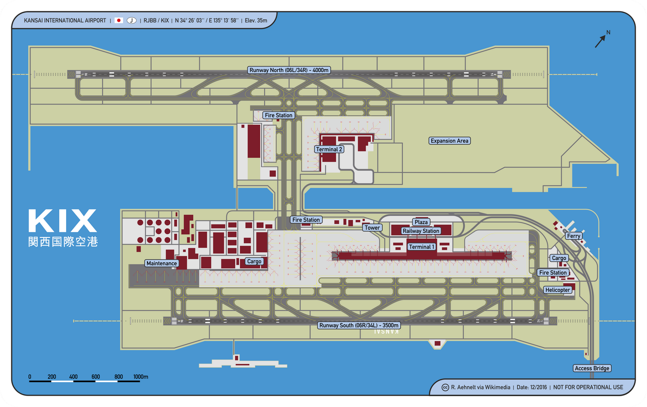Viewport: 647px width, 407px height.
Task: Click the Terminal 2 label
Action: tap(329, 149)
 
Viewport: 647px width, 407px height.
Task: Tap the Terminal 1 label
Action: tap(422, 247)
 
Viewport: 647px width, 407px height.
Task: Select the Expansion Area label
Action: tap(449, 141)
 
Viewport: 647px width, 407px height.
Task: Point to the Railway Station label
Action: tap(421, 231)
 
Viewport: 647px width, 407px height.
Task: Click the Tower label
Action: tap(372, 228)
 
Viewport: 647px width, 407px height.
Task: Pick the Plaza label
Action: tap(421, 222)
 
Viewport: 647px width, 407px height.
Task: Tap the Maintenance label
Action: tap(162, 263)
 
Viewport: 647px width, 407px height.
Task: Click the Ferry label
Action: tap(573, 236)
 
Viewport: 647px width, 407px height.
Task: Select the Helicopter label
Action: tap(557, 290)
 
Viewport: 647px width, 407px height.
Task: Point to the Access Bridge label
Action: tap(592, 368)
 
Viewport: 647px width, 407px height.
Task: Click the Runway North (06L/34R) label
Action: tap(289, 70)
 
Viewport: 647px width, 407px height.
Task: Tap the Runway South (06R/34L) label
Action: tap(359, 325)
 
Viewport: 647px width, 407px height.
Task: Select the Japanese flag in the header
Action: tap(119, 20)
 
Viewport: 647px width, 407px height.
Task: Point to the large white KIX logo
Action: tap(63, 221)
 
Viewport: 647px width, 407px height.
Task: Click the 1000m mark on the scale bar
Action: tap(140, 377)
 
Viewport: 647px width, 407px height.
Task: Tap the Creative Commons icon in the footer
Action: tap(445, 388)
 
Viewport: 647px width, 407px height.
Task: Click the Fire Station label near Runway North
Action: tap(278, 115)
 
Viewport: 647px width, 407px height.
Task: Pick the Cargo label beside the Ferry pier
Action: tap(559, 258)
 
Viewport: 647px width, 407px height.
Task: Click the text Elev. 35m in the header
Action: tap(256, 20)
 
